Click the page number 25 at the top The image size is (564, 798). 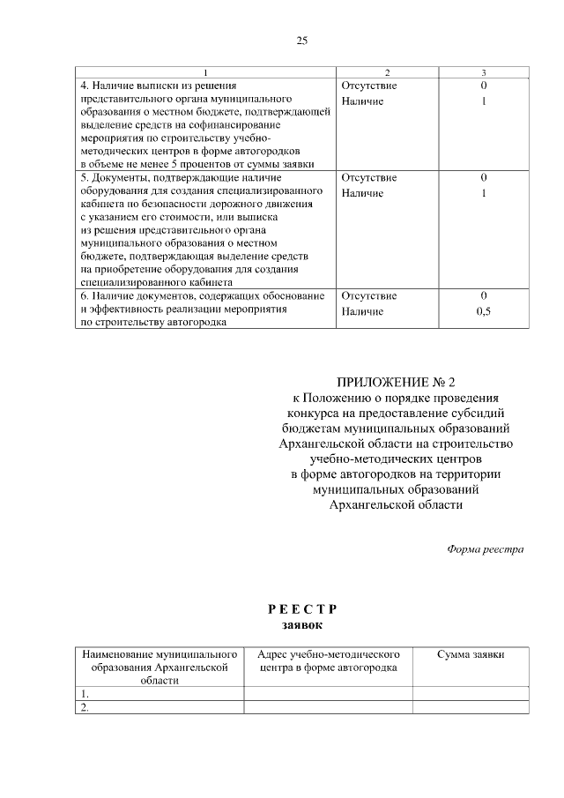(301, 41)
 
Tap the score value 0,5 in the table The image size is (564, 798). (483, 311)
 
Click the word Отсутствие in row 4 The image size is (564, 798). (368, 86)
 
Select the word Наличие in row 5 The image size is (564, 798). (361, 193)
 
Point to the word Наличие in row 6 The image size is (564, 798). (361, 311)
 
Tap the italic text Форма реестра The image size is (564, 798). (485, 549)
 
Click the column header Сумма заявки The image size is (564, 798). (471, 655)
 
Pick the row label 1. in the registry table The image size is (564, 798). (85, 694)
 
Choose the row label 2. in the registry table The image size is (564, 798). (85, 707)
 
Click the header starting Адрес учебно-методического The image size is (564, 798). (329, 661)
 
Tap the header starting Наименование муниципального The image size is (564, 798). (160, 667)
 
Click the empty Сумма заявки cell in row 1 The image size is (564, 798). (471, 694)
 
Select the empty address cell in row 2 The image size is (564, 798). (329, 707)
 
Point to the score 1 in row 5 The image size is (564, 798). (483, 193)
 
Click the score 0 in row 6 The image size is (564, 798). (483, 296)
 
